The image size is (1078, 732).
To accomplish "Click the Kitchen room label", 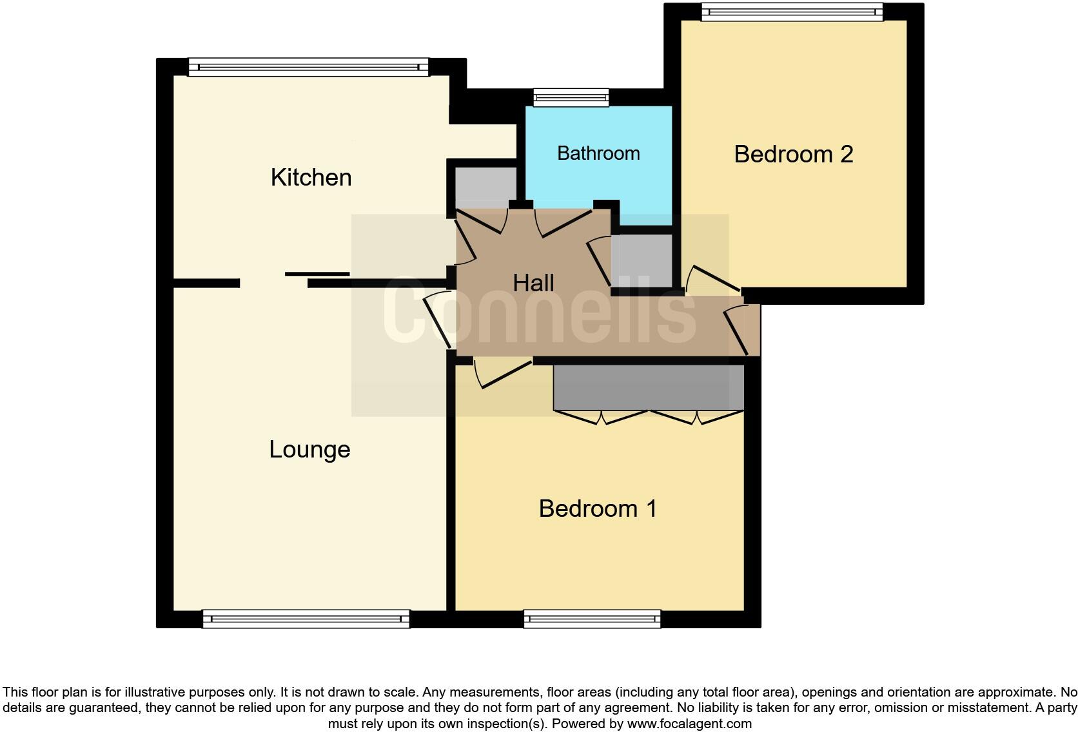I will pyautogui.click(x=311, y=177).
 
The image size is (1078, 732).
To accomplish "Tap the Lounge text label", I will pyautogui.click(x=309, y=449).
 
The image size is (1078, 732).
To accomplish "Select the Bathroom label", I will pyautogui.click(x=598, y=153).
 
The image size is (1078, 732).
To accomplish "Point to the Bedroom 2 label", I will pyautogui.click(x=793, y=154).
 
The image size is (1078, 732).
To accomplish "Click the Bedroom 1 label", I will pyautogui.click(x=598, y=508).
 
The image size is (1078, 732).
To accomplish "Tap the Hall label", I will pyautogui.click(x=533, y=283).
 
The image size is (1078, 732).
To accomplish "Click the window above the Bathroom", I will pyautogui.click(x=571, y=98).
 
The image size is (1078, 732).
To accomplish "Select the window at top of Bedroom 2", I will pyautogui.click(x=792, y=12).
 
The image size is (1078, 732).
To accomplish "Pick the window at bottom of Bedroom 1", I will pyautogui.click(x=592, y=619).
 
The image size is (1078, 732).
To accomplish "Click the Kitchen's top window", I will pyautogui.click(x=308, y=67).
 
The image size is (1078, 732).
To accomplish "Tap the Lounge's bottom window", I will pyautogui.click(x=306, y=619).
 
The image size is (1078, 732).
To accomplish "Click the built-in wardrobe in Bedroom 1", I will pyautogui.click(x=648, y=387).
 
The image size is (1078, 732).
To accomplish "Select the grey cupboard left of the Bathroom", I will pyautogui.click(x=485, y=186).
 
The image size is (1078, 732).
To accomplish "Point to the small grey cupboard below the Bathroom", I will pyautogui.click(x=641, y=260).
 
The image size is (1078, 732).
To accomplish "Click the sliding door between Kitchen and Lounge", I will pyautogui.click(x=317, y=274).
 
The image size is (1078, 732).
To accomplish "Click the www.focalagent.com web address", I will pyautogui.click(x=689, y=724).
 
